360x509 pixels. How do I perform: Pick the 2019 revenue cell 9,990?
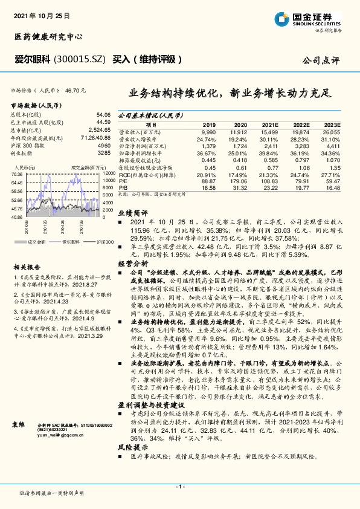point(208,132)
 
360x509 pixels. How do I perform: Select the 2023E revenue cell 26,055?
point(332,132)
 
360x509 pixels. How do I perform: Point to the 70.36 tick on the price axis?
point(16,175)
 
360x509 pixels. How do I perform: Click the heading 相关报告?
point(25,267)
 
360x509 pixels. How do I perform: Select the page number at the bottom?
point(179,487)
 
